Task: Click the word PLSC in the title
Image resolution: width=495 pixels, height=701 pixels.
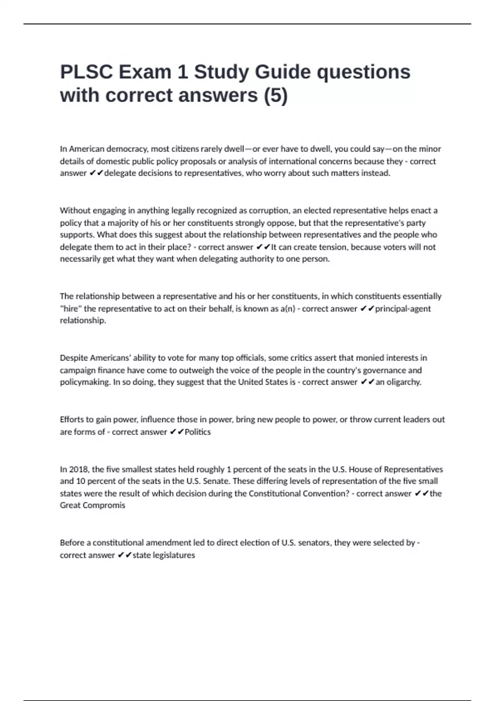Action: pos(87,72)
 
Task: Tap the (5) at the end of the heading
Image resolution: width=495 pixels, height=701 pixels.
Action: pos(276,96)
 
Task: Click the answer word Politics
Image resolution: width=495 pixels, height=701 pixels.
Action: pos(198,432)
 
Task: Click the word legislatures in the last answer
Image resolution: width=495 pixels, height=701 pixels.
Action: pos(174,555)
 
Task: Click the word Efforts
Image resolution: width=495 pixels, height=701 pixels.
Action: pos(73,419)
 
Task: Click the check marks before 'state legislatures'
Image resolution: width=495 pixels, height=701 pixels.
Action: pos(124,555)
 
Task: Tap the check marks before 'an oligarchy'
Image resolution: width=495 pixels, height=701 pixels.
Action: pos(367,382)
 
